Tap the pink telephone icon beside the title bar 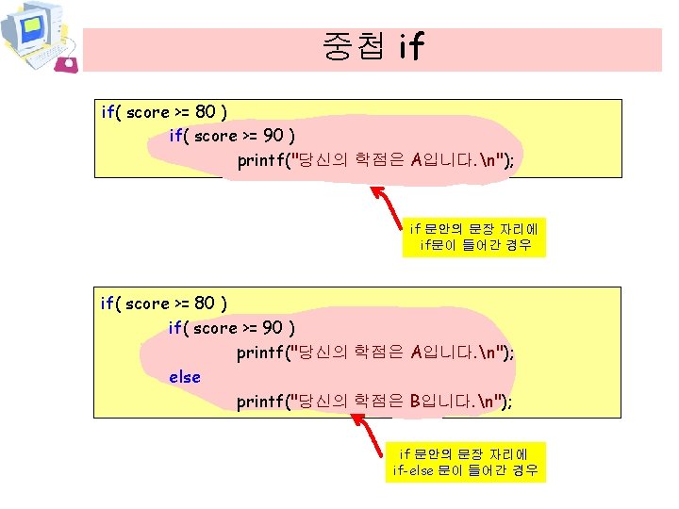pyautogui.click(x=66, y=64)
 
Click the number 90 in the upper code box pyautogui.click(x=273, y=136)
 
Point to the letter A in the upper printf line pyautogui.click(x=417, y=160)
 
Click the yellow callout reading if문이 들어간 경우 pyautogui.click(x=475, y=238)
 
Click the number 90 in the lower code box pyautogui.click(x=273, y=328)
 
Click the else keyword pyautogui.click(x=185, y=377)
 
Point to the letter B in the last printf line pyautogui.click(x=416, y=402)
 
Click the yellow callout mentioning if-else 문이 pyautogui.click(x=466, y=463)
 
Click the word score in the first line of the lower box pyautogui.click(x=146, y=304)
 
